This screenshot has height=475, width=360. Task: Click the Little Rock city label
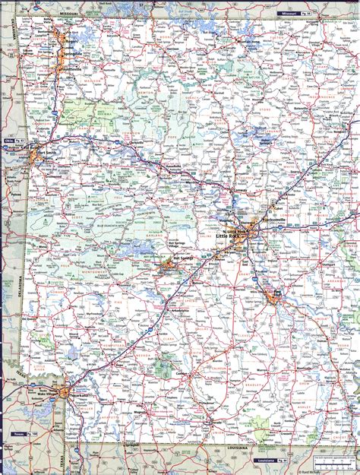tap(229, 237)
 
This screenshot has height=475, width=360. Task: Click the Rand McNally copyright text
tap(339, 470)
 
